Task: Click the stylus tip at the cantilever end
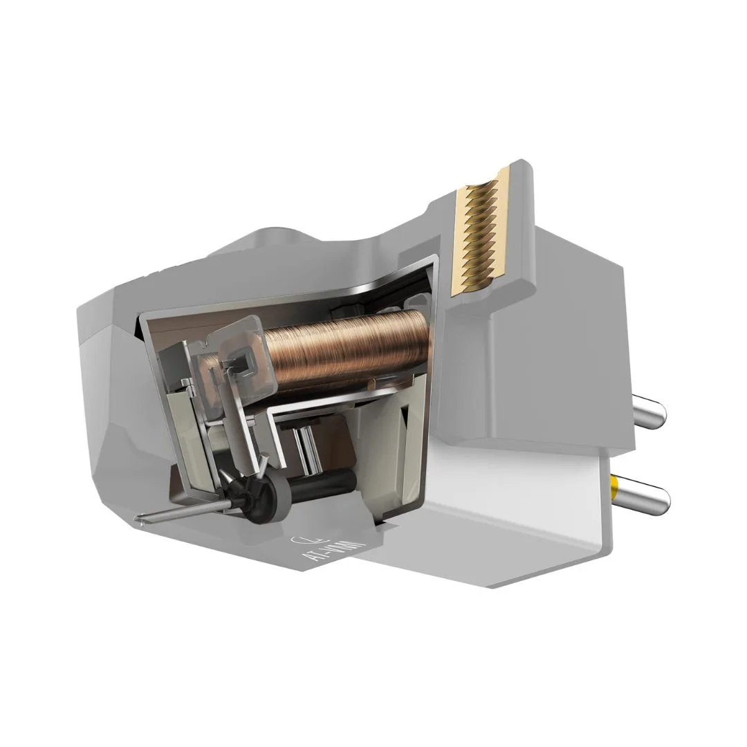(140, 517)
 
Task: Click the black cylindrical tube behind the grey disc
(325, 481)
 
